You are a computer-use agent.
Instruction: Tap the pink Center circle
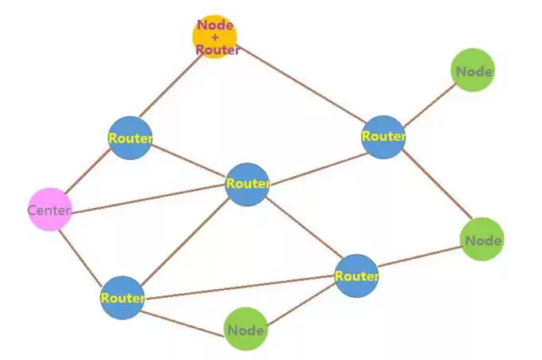[49, 210]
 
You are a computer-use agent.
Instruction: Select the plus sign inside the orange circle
[215, 37]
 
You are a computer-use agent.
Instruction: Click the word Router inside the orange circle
[218, 49]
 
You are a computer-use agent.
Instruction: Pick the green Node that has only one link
[473, 71]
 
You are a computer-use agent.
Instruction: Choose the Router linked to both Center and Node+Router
[130, 138]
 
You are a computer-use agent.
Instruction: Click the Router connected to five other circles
[247, 184]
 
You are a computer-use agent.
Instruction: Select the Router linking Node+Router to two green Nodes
[383, 136]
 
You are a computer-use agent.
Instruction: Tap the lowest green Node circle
[245, 329]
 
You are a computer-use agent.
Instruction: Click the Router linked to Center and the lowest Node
[123, 298]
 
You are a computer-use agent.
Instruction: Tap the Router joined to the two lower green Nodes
[355, 276]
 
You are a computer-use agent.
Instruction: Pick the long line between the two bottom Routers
[239, 287]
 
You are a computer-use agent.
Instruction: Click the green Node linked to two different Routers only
[482, 240]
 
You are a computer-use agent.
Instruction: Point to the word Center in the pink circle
[49, 211]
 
